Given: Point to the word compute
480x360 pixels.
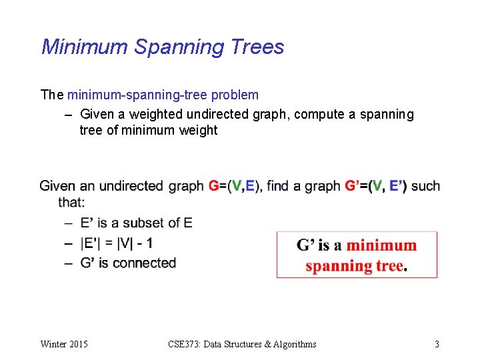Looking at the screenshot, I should click(317, 114).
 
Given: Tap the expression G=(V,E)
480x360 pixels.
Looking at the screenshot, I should click(235, 186).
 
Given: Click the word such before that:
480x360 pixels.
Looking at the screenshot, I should click(426, 186).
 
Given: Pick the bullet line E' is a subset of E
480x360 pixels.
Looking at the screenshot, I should click(136, 223).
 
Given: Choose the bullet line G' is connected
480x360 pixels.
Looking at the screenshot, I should click(128, 263).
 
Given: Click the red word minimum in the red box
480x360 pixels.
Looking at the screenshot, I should click(381, 245).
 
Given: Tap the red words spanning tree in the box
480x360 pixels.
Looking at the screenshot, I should click(354, 266).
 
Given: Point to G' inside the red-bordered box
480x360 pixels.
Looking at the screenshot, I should click(306, 245).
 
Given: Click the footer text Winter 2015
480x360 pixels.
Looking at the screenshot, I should click(64, 344).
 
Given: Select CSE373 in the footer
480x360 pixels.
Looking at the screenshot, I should click(184, 344).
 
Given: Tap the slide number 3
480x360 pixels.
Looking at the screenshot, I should click(437, 344).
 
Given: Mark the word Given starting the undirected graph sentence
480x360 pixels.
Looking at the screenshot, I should click(57, 186).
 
